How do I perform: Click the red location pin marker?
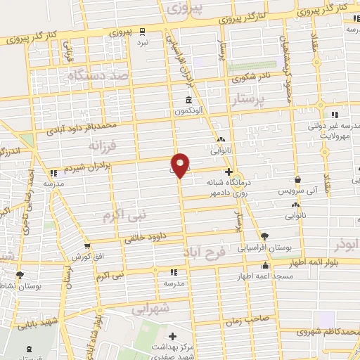click(x=181, y=165)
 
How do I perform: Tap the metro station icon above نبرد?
click(x=143, y=30)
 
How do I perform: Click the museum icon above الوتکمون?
click(x=188, y=98)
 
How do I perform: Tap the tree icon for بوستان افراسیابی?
click(x=264, y=237)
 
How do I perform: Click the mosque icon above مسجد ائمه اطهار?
click(x=265, y=266)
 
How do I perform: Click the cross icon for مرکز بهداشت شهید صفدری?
click(x=173, y=337)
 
